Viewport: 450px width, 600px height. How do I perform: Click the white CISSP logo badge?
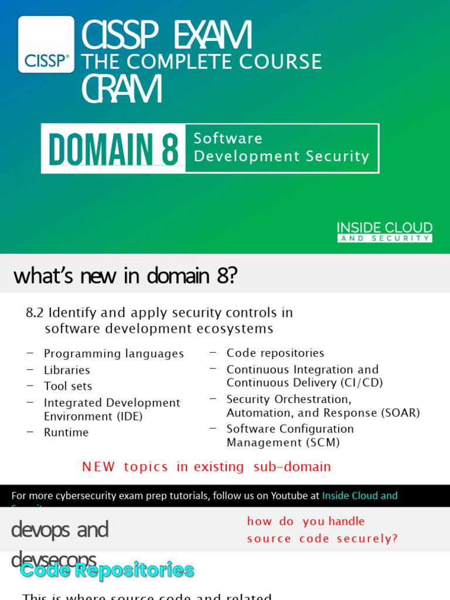pos(46,45)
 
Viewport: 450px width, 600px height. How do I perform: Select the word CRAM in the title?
pos(121,89)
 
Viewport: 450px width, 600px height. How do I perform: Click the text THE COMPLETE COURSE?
pos(201,62)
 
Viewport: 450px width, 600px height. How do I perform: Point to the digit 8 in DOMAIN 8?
pos(170,149)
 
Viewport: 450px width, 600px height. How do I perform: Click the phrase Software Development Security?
pos(281,148)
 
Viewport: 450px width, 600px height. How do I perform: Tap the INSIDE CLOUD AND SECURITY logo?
pos(384,231)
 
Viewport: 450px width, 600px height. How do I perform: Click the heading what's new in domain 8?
pos(125,275)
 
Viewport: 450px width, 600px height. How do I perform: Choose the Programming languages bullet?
pos(114,354)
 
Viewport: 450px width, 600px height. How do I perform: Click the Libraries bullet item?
pos(67,370)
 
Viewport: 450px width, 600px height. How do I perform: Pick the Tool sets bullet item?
pos(68,386)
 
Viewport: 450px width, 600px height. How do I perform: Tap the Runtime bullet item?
pos(66,432)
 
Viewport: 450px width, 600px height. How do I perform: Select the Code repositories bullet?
pos(275,353)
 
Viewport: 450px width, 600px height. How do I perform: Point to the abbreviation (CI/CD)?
pos(361,383)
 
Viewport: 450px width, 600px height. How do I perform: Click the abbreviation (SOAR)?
pos(400,412)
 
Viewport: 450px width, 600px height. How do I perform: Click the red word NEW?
pos(98,467)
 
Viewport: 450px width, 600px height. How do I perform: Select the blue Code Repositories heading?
pos(107,570)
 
